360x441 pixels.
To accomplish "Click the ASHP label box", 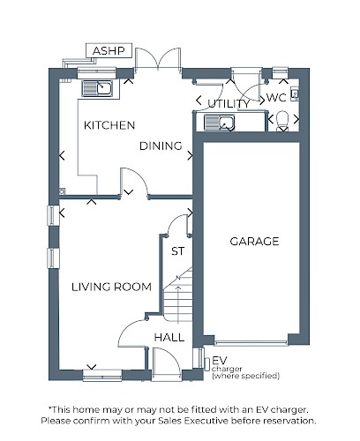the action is point(109,51).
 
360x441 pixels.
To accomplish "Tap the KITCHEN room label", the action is point(109,125).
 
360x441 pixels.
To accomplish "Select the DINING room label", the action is point(161,146).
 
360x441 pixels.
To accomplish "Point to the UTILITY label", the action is point(229,104).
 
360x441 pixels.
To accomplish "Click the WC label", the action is point(276,98).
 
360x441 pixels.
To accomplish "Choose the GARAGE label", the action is point(254,242).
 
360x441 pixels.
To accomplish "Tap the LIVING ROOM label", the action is point(111,287).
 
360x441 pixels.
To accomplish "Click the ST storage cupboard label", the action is point(178,251).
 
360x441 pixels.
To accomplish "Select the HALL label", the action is point(169,338).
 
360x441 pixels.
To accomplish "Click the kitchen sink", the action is point(97,88).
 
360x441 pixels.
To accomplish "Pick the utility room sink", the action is point(220,123).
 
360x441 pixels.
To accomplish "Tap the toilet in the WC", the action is point(283,121).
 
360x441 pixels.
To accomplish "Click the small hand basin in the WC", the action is point(295,94).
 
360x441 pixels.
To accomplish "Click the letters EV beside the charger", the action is point(220,361).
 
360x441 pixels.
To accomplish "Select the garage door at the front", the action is point(251,343).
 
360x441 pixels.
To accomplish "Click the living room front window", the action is point(102,376).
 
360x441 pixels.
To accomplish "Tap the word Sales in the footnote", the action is point(170,421).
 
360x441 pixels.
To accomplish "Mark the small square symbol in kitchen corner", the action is point(62,191).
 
